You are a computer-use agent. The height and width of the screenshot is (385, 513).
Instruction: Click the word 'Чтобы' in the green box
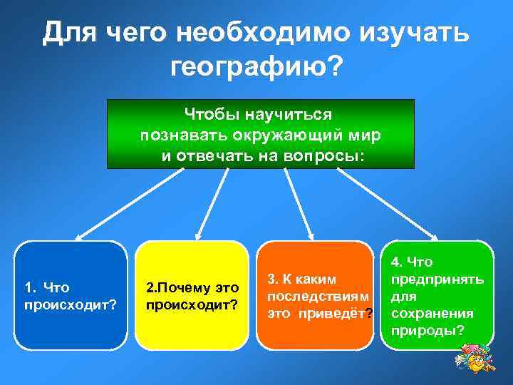[211, 114]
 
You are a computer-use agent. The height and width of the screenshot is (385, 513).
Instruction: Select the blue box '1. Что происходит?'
[71, 295]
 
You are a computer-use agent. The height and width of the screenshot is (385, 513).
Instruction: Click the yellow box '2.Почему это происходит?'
[192, 295]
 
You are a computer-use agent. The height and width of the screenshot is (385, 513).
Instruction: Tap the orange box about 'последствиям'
[314, 295]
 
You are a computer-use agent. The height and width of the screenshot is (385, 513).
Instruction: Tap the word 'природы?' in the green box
[424, 331]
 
